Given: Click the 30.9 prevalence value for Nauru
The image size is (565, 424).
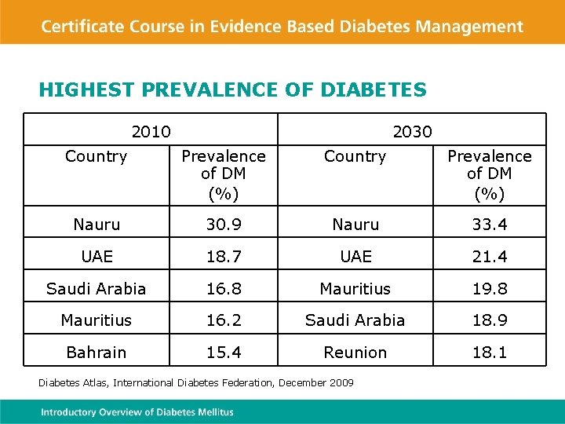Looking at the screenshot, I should [224, 225].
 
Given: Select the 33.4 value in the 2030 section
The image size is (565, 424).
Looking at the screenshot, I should [489, 225].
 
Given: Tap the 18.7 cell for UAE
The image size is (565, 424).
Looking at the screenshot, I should [224, 257].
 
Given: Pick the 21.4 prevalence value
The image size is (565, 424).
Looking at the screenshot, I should [489, 257].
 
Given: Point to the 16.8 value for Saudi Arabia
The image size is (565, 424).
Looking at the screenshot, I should [224, 289].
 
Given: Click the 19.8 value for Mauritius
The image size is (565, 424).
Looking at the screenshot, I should [489, 289].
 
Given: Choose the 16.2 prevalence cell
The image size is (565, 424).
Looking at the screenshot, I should [224, 320].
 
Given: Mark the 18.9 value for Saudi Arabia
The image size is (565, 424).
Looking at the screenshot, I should [489, 320].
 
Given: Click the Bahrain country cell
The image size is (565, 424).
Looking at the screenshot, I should [97, 353].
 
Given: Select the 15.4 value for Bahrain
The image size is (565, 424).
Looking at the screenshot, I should [224, 353].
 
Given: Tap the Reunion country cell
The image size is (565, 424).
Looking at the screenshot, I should [355, 353].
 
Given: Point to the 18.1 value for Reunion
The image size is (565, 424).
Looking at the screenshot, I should [489, 353].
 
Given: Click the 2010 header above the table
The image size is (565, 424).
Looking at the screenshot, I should [151, 131].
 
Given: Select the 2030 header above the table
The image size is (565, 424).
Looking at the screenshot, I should [412, 131].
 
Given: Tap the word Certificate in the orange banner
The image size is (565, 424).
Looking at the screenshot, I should [87, 26].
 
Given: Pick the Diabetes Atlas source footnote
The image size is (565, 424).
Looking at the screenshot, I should [196, 382].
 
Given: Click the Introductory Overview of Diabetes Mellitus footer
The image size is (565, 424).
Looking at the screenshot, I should [137, 412].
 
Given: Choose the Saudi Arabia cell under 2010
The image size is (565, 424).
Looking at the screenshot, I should [97, 289].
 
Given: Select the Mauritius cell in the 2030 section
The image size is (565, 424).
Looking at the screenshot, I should [355, 289].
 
